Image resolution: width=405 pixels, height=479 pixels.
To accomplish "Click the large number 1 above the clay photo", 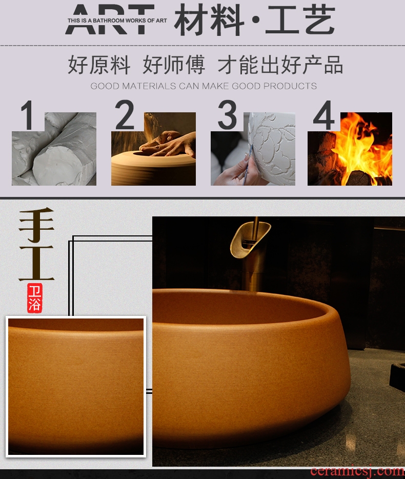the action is [x=28, y=115].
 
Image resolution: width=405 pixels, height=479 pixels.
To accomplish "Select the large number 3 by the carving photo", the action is [x=227, y=115].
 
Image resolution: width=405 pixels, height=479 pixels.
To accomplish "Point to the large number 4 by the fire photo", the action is [x=324, y=115].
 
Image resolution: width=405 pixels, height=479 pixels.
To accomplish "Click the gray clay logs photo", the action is [x=54, y=149].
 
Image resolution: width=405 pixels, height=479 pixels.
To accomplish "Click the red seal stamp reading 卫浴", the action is [x=34, y=298].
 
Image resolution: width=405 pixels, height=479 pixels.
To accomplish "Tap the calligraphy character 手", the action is [x=36, y=225].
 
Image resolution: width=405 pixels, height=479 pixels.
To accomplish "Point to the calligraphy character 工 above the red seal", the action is [x=36, y=263].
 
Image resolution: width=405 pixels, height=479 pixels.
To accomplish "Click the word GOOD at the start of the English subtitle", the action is [x=105, y=86].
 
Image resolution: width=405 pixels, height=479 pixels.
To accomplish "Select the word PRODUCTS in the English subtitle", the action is [x=290, y=86].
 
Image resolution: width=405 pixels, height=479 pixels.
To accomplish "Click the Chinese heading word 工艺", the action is [x=300, y=20].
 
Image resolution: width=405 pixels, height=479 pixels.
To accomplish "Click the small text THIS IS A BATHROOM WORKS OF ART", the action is [x=117, y=21].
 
